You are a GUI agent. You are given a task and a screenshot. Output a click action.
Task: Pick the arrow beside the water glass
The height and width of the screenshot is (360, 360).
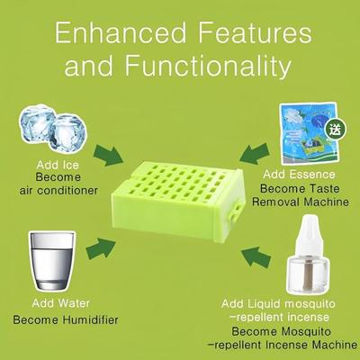[103, 244]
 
